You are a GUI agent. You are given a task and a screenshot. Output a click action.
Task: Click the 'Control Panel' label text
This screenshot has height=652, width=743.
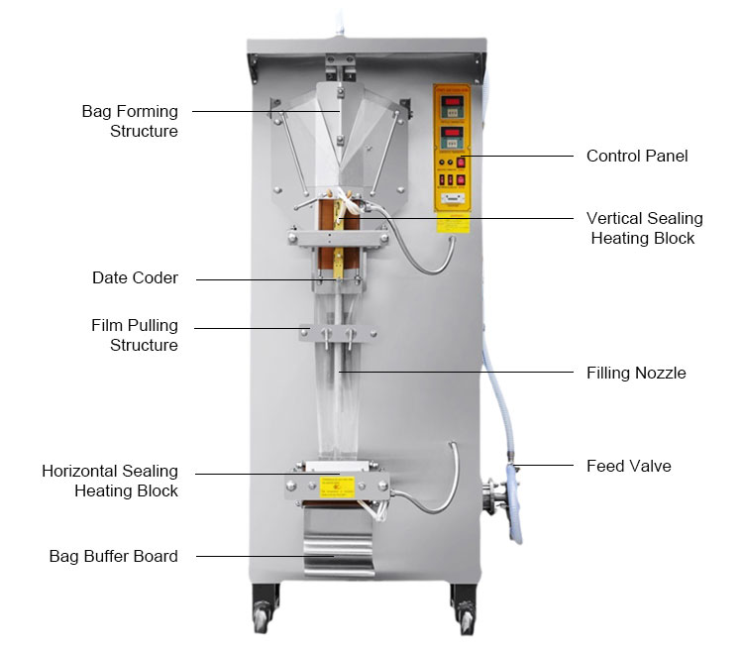[x=637, y=156]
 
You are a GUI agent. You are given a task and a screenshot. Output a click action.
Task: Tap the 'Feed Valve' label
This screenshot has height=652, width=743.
[x=628, y=465]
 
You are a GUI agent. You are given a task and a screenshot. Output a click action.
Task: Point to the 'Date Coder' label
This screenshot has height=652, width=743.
[x=135, y=278]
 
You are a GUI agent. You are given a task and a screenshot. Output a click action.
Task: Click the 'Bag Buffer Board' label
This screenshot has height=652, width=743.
[x=114, y=556]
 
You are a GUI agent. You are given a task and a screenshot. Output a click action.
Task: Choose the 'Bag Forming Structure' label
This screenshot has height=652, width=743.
[x=130, y=121]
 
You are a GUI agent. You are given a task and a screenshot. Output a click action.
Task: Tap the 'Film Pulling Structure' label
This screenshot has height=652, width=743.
[x=135, y=335]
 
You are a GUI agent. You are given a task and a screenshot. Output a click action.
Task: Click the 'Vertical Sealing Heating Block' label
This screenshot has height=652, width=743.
[x=644, y=228]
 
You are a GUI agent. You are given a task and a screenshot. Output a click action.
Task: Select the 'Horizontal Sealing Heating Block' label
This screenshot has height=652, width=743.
[x=110, y=481]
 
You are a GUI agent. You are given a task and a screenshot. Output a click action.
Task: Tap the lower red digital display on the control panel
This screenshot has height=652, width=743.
[x=452, y=134]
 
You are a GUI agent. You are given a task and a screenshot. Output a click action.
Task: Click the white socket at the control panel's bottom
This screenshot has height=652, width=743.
[x=453, y=198]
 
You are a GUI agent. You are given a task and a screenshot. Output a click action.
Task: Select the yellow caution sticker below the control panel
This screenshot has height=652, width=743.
[x=455, y=223]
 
